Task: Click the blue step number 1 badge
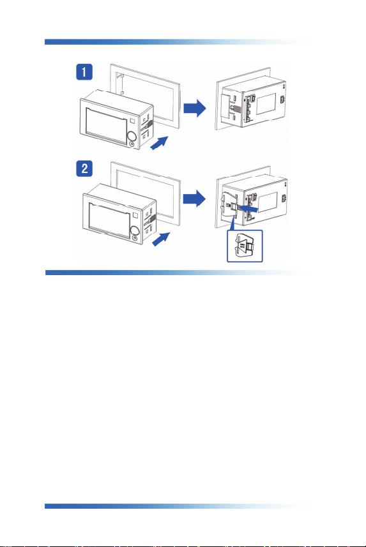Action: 84,72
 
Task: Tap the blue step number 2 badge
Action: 84,169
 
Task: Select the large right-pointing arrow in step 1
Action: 195,108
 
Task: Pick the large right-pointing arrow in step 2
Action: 194,199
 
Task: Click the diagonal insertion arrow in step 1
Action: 159,143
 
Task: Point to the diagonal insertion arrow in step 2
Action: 161,239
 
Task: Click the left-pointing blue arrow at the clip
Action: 248,209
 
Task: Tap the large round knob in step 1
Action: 132,136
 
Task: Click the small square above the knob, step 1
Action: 132,121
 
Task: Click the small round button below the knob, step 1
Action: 132,144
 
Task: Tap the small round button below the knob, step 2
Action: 135,239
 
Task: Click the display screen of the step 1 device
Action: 106,126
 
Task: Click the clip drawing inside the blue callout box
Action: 245,246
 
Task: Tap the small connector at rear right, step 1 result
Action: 283,100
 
